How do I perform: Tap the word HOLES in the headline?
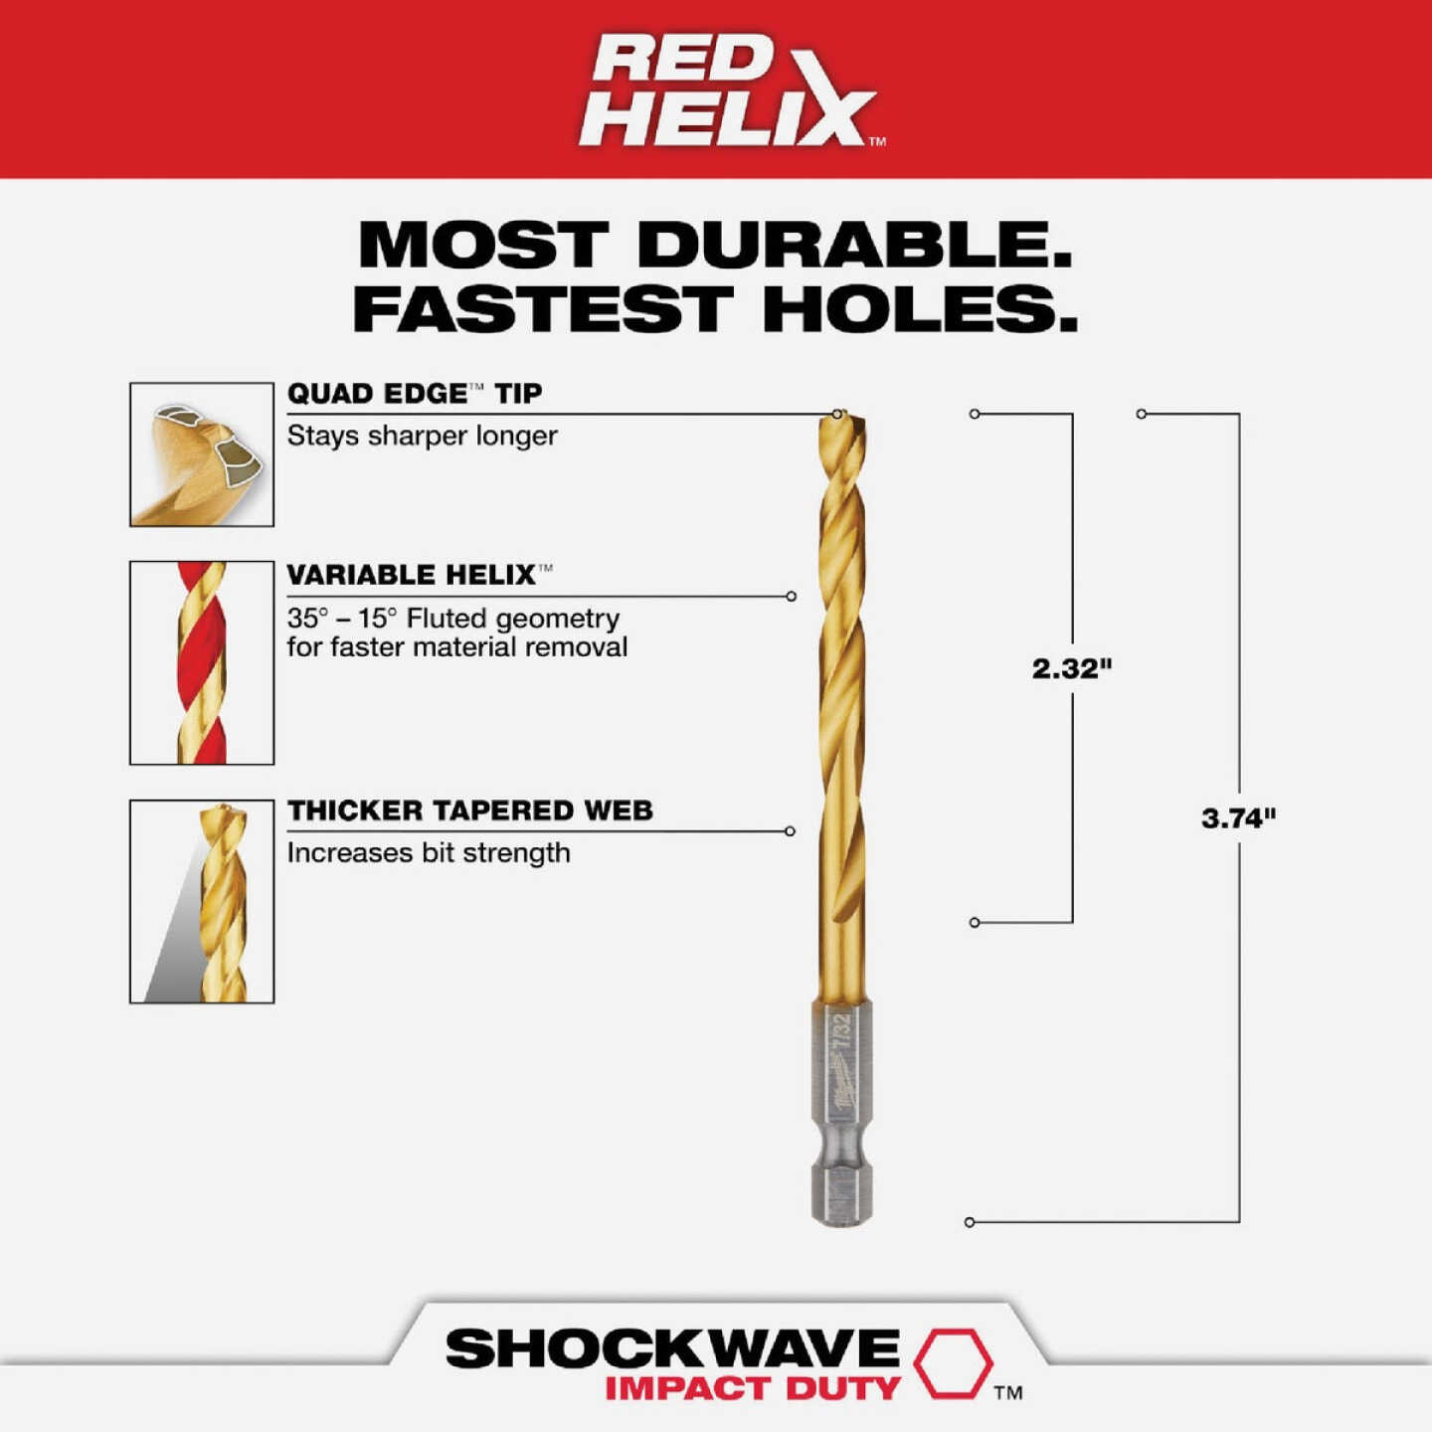click(920, 309)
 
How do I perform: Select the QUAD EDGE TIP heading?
click(414, 394)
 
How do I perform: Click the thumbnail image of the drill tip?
click(202, 454)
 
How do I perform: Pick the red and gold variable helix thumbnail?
click(202, 662)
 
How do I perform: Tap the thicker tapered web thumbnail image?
click(202, 901)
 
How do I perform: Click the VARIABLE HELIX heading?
click(412, 575)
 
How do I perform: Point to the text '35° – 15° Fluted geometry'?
click(453, 619)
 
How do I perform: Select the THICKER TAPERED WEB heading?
click(469, 810)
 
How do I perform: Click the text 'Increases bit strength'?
click(429, 853)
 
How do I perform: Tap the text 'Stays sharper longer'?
click(422, 436)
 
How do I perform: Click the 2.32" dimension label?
click(1071, 668)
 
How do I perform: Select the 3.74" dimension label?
click(1238, 818)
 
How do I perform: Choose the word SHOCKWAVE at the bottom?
click(672, 1349)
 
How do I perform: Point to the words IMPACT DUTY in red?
click(753, 1388)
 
